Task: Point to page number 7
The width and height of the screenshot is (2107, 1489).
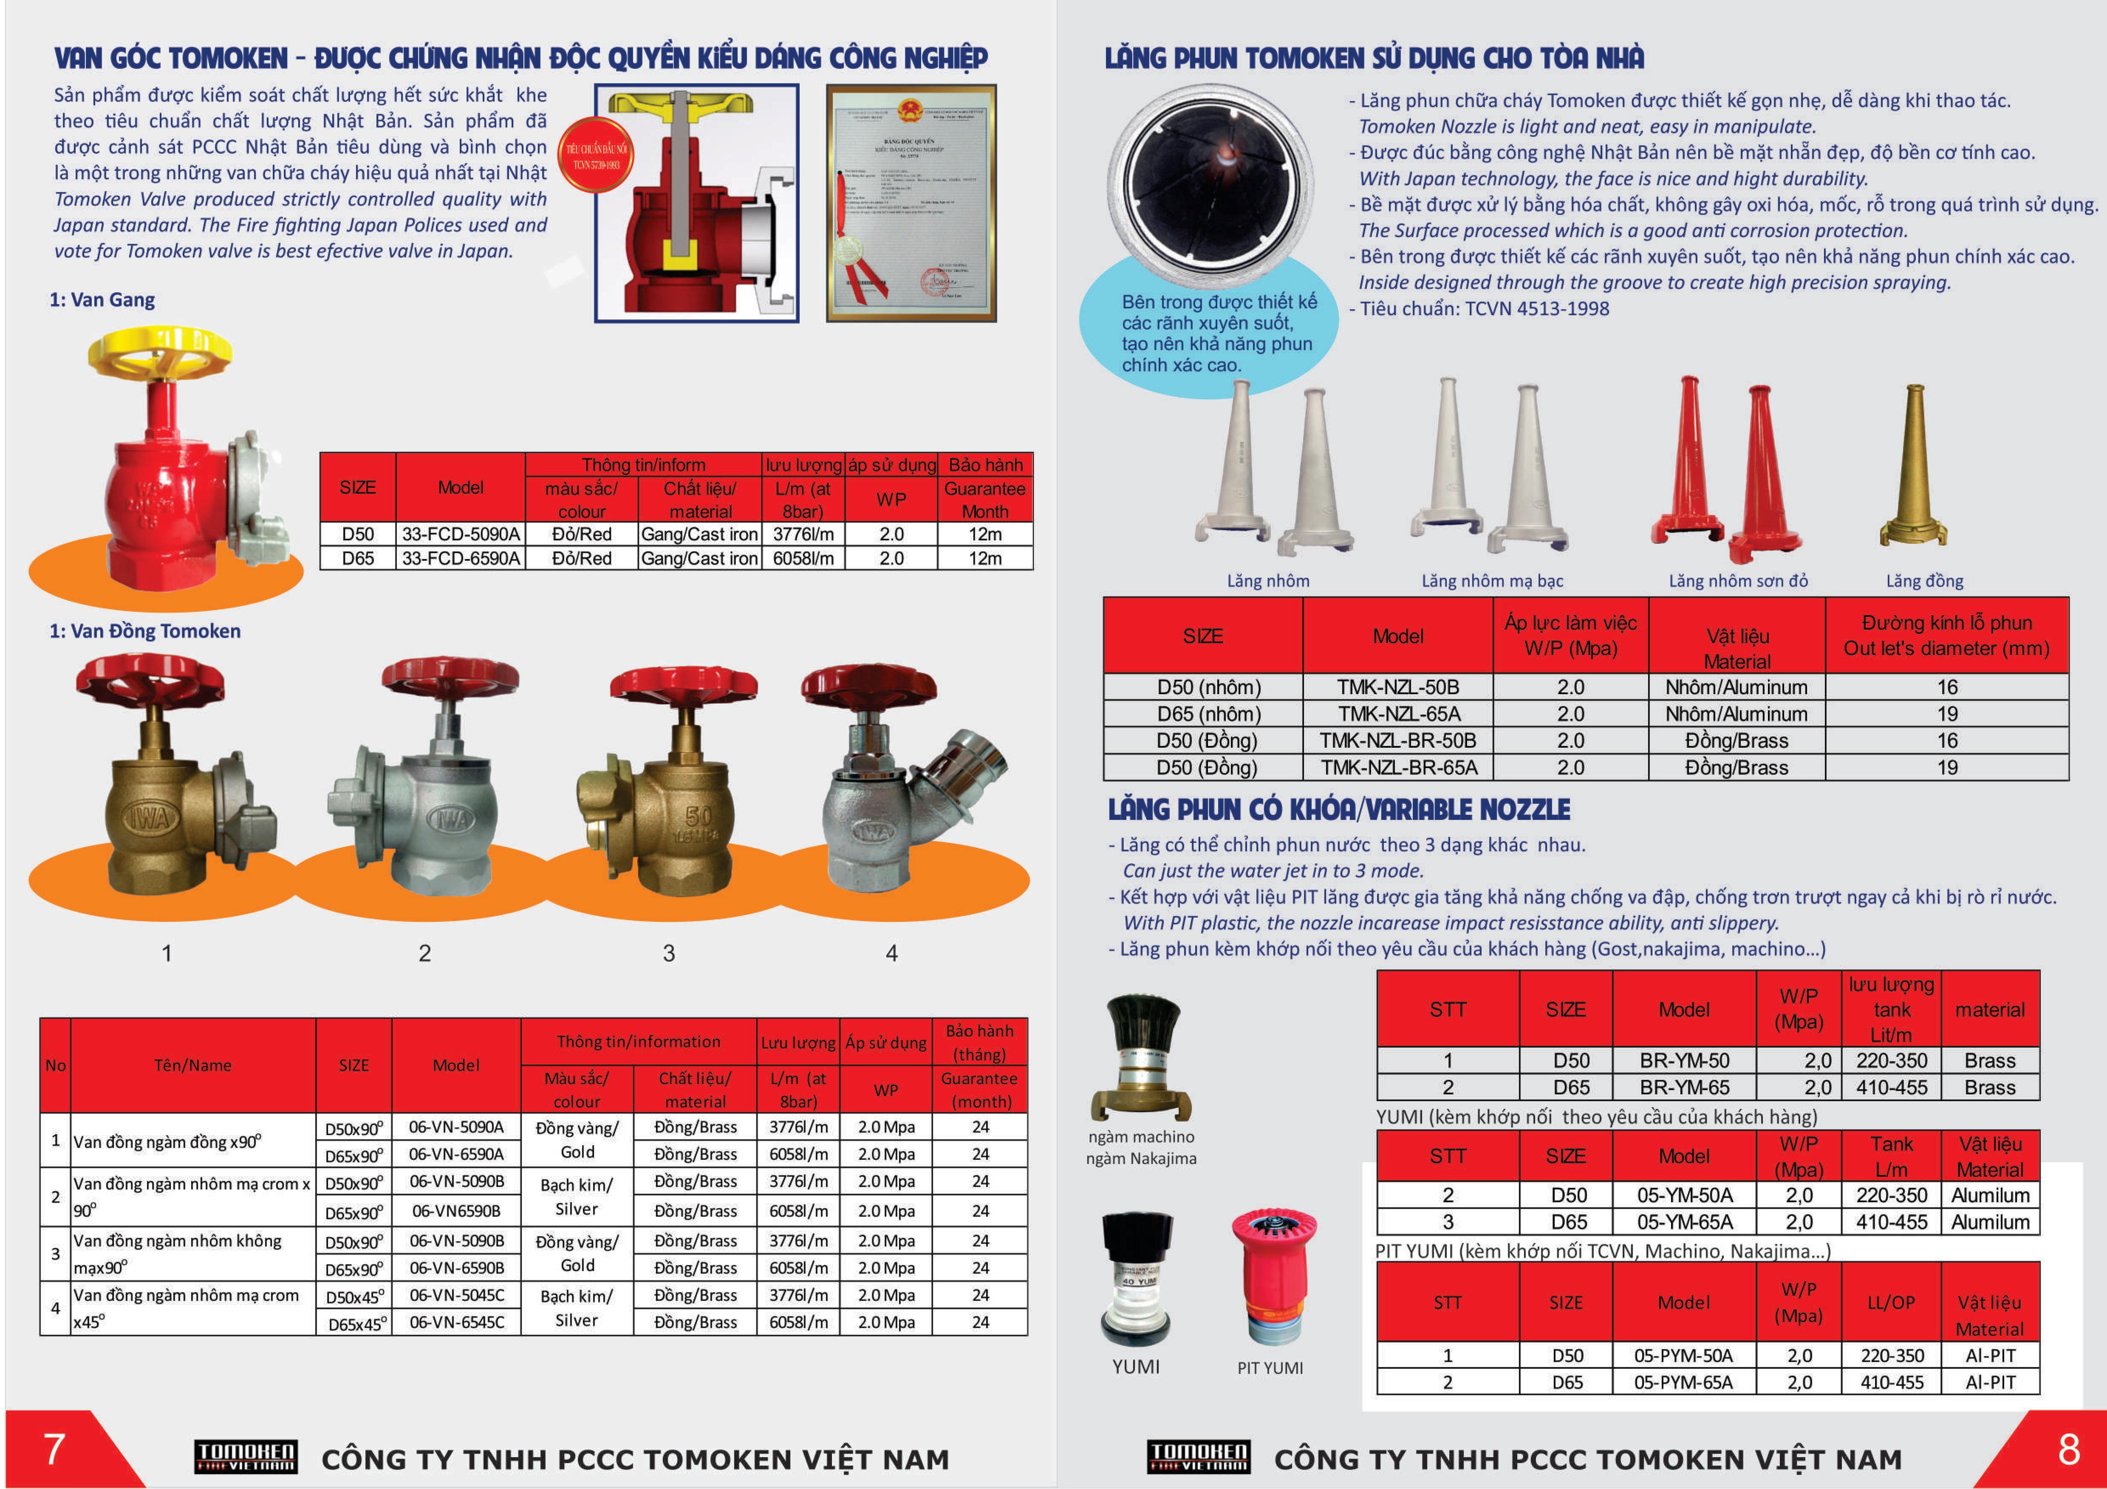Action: [55, 1449]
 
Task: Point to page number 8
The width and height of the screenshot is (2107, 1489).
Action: [2068, 1449]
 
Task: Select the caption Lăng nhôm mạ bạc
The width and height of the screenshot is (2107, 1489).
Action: [1492, 581]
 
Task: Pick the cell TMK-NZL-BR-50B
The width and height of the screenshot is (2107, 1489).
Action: [1397, 740]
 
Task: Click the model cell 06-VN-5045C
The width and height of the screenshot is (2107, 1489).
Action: [456, 1294]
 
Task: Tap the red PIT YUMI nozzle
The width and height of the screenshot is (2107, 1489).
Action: [1273, 1275]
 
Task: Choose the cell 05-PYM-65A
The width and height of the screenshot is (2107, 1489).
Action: [1683, 1382]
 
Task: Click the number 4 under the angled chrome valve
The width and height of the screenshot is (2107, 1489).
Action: [891, 953]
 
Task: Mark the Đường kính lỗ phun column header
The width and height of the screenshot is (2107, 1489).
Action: [1946, 635]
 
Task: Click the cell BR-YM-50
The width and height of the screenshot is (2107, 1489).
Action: [1684, 1060]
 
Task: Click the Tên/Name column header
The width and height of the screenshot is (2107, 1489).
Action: [193, 1065]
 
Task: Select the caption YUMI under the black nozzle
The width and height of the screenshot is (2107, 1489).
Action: [1136, 1366]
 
